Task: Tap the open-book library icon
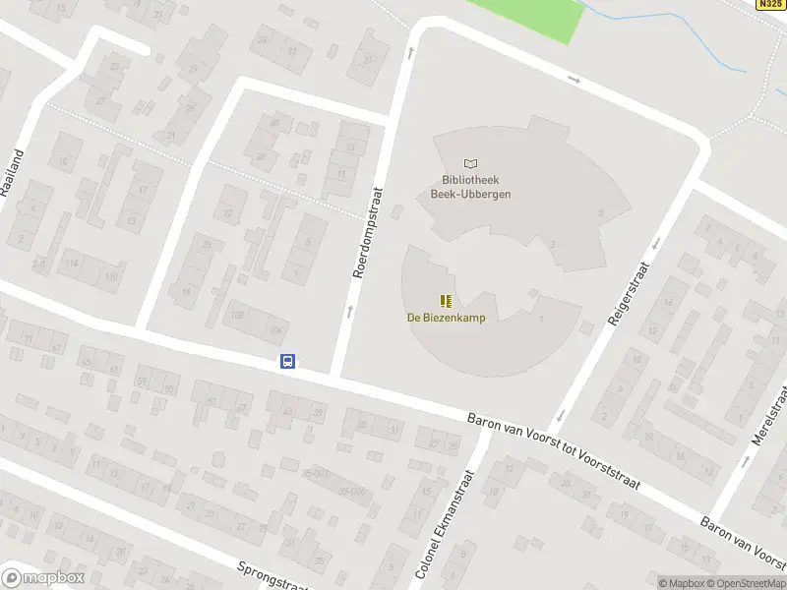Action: coord(470,164)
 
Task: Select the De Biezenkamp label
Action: coord(447,318)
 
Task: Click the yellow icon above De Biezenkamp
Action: coord(446,301)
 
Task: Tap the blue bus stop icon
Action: coord(287,361)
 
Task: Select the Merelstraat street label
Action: coord(770,413)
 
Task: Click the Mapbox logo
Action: coord(42,578)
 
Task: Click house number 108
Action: coord(236,315)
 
